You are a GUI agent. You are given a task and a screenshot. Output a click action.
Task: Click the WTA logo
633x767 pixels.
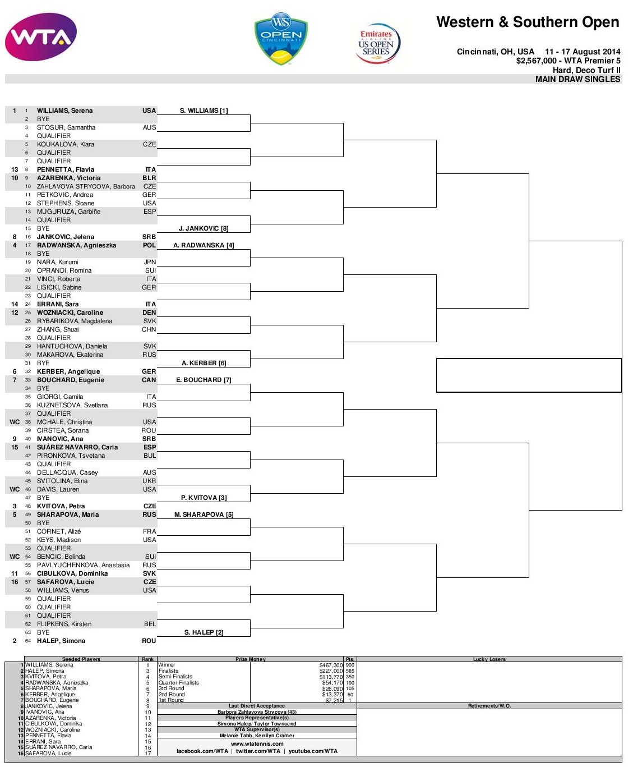click(41, 37)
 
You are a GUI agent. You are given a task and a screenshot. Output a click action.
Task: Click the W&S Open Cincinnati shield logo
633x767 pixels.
click(281, 39)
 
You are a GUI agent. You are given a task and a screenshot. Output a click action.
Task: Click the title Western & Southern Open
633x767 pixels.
click(528, 22)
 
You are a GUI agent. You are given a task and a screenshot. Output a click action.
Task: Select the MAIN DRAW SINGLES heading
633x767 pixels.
click(577, 79)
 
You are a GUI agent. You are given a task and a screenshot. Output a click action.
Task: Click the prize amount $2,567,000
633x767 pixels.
click(536, 61)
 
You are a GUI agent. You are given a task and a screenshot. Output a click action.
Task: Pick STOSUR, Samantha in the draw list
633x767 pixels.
click(66, 127)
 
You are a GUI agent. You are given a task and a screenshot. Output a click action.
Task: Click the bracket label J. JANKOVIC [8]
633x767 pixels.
click(204, 228)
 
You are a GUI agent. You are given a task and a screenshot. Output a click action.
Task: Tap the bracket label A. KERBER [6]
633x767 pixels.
click(204, 363)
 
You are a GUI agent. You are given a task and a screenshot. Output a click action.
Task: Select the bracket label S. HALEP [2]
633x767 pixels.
click(204, 632)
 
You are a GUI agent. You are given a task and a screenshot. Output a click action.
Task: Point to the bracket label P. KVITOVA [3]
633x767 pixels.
click(204, 498)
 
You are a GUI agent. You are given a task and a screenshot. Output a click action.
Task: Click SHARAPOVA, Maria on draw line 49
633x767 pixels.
click(68, 515)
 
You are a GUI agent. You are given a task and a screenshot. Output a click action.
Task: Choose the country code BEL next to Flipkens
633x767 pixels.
click(150, 624)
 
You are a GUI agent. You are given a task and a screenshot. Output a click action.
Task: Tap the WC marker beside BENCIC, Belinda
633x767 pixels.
click(15, 557)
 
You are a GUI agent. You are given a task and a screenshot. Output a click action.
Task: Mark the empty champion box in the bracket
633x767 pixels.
click(529, 375)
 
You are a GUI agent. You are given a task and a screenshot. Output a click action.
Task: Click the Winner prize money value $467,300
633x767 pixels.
click(331, 665)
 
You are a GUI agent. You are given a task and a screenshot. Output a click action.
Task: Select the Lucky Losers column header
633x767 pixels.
click(489, 659)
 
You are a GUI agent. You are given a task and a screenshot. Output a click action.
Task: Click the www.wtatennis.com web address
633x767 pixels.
click(257, 743)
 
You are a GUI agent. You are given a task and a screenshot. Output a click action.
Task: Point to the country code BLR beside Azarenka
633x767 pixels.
click(149, 178)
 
